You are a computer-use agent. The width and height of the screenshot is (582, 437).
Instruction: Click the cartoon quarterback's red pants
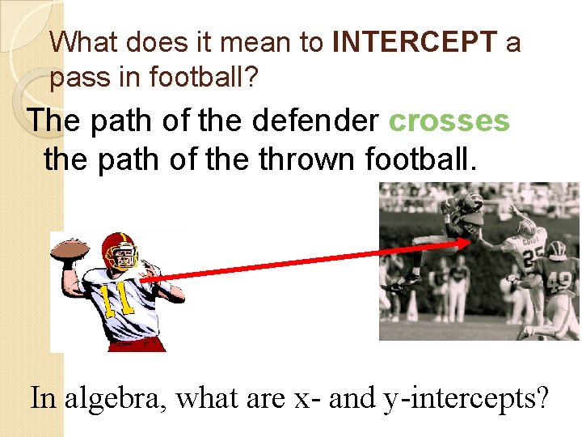click(x=133, y=344)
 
